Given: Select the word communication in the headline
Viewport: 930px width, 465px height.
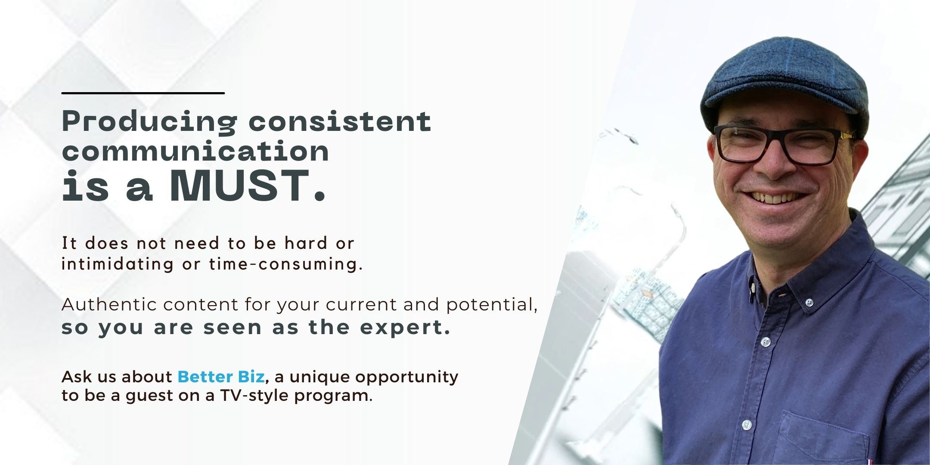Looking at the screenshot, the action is [195, 151].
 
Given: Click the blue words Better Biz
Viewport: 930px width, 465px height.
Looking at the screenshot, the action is [221, 377].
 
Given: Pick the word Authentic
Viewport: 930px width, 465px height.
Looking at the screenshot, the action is [108, 304].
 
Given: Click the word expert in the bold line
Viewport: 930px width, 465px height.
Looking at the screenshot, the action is [405, 328].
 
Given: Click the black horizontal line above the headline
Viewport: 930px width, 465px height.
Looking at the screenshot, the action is [143, 93].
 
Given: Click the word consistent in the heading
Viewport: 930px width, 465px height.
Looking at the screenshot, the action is [340, 121].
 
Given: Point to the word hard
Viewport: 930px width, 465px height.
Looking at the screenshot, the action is [306, 243].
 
